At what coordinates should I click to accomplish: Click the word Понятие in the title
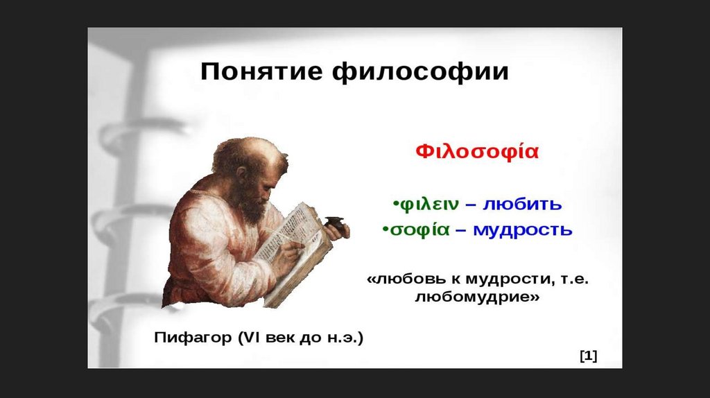(x=261, y=71)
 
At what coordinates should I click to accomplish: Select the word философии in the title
(x=421, y=72)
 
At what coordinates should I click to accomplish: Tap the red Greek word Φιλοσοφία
(x=477, y=152)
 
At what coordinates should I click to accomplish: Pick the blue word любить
(x=522, y=204)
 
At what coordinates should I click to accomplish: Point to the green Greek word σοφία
(x=419, y=230)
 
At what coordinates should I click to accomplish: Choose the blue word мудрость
(x=523, y=231)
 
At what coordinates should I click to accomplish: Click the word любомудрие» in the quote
(x=477, y=297)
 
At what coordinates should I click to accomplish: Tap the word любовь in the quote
(x=412, y=279)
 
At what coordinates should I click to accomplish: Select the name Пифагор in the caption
(x=193, y=338)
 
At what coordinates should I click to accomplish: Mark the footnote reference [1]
(x=588, y=356)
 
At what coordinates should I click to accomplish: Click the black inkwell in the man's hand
(x=336, y=223)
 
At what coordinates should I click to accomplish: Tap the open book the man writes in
(x=294, y=254)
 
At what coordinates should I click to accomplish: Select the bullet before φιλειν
(x=395, y=203)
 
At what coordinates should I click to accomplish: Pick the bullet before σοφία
(x=386, y=229)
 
